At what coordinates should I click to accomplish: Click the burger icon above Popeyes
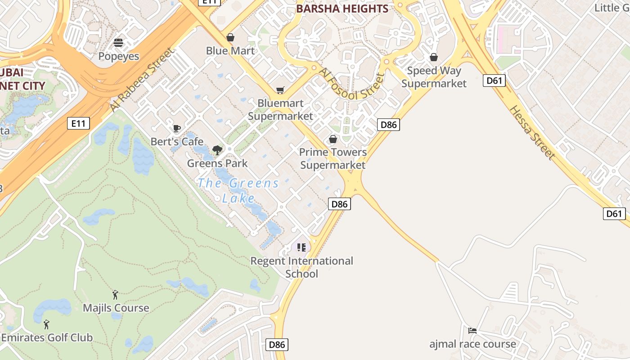(118, 43)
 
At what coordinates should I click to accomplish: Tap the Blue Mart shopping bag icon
(230, 37)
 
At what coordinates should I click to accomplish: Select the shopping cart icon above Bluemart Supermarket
(280, 90)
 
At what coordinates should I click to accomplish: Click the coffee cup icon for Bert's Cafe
(177, 129)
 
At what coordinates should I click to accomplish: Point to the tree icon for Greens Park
(217, 150)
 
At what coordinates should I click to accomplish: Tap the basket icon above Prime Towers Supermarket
(333, 139)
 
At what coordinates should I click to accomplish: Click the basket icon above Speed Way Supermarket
(434, 58)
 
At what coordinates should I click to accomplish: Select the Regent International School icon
(301, 247)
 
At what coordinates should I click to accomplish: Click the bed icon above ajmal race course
(472, 331)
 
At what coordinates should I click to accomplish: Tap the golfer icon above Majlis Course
(116, 295)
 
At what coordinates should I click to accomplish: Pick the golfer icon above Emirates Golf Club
(46, 324)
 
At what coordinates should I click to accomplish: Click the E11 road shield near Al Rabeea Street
(79, 123)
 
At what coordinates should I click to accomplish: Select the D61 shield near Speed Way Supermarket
(495, 81)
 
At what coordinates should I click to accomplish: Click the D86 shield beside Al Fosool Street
(388, 125)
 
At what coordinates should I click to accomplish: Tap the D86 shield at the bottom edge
(277, 345)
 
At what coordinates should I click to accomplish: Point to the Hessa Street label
(532, 132)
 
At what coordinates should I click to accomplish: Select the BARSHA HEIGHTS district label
(342, 9)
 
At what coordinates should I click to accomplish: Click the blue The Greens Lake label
(238, 190)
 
